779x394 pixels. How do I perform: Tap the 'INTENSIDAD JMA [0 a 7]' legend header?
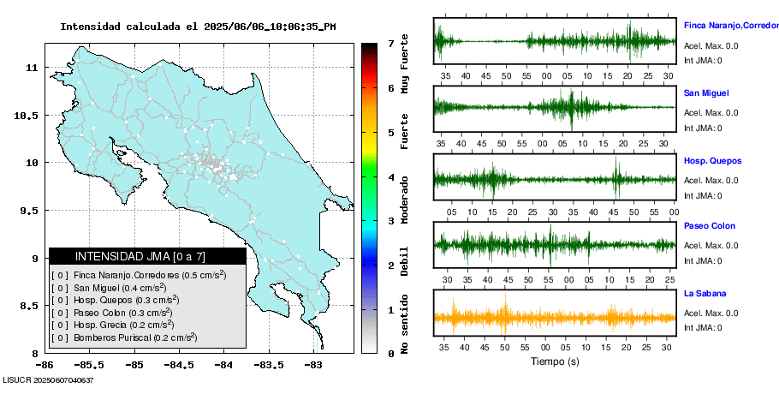(147, 256)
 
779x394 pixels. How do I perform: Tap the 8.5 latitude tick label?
(31, 306)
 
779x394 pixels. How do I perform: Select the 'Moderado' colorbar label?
(405, 200)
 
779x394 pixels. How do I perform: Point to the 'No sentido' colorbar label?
(405, 325)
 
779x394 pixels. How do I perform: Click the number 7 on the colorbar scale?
(390, 43)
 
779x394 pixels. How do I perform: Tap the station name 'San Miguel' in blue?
(706, 93)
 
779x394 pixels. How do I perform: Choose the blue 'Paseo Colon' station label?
(710, 226)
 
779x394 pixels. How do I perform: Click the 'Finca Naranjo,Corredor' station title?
(730, 26)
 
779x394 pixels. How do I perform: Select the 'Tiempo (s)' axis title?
(554, 361)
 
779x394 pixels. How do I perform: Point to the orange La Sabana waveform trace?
(555, 317)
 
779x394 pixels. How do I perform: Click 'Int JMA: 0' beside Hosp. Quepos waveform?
(703, 195)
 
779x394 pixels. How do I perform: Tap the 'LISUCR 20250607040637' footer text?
(48, 379)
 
